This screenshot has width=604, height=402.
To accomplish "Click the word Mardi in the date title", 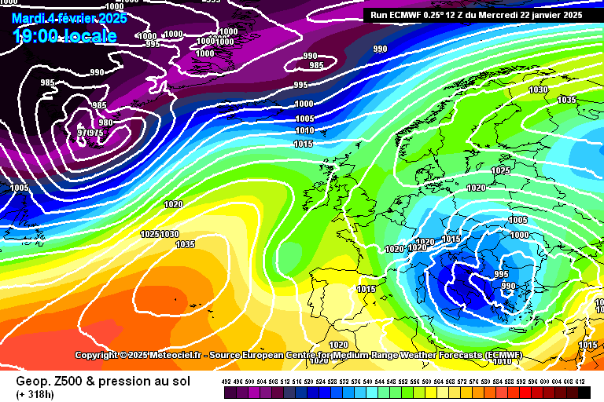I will [27, 17].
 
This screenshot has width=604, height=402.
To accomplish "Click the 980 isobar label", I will [105, 122].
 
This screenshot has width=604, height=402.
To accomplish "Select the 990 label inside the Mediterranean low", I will [509, 286].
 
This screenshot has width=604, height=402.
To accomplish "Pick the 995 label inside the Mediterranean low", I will [501, 273].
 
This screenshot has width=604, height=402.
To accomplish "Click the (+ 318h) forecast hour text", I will [36, 394].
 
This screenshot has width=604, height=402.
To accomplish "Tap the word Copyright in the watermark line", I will [97, 356].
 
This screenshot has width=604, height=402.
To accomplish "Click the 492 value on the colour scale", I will [226, 381].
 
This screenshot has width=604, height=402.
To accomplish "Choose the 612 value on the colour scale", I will [580, 381].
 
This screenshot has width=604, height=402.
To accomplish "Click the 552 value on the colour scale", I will [403, 381].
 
